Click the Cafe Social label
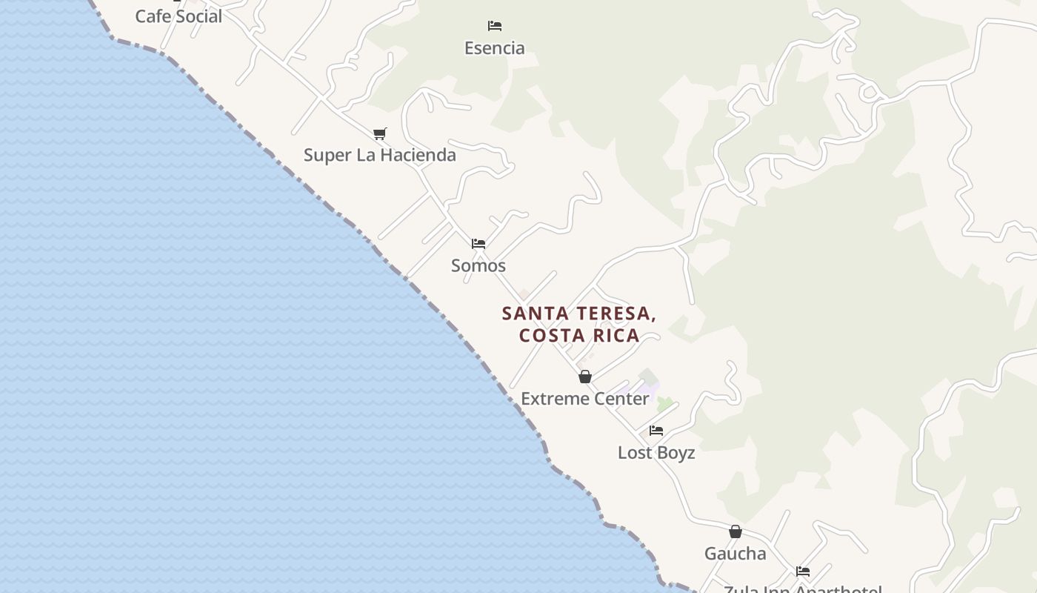[x=179, y=16]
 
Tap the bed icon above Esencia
[x=495, y=26]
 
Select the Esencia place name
[x=495, y=48]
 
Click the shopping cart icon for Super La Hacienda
[x=380, y=133]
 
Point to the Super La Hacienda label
[x=380, y=155]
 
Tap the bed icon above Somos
[x=479, y=243]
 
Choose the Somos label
[x=479, y=265]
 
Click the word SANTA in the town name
[x=529, y=314]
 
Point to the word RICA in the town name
[x=613, y=335]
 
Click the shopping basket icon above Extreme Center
[x=585, y=377]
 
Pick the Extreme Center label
[x=585, y=399]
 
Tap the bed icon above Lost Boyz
[x=656, y=430]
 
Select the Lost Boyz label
[x=656, y=452]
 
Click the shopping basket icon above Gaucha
[x=736, y=531]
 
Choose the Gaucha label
[x=736, y=554]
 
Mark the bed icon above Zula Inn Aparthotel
[x=803, y=572]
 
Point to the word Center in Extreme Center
[x=616, y=399]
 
